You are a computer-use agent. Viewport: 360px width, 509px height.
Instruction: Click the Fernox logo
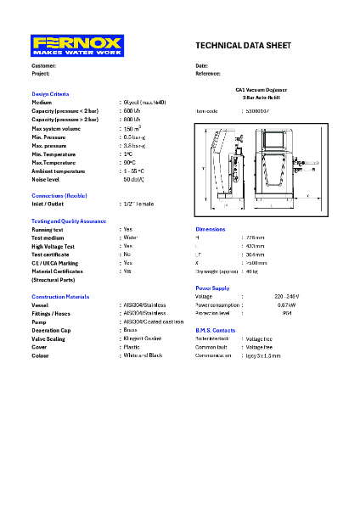tap(77, 46)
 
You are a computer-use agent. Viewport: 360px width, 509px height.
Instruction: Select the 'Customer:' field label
tap(44, 65)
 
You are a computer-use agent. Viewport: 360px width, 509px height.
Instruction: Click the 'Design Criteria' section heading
tap(51, 93)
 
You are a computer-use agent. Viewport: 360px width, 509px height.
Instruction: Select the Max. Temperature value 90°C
tap(128, 162)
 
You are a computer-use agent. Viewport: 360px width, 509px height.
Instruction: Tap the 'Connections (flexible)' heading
tap(59, 195)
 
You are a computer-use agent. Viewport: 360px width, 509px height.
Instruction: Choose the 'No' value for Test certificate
tap(127, 254)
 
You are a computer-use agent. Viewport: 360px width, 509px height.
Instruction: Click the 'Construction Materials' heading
tap(60, 297)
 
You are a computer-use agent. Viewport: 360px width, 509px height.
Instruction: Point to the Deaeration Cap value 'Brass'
tap(131, 330)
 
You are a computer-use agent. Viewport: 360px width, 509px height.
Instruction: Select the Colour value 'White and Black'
tap(143, 355)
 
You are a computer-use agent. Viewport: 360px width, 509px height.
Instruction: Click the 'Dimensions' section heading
tap(211, 229)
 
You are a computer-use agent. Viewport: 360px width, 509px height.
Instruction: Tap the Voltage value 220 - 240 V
tap(287, 296)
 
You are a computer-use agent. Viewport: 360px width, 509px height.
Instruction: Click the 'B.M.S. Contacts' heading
tap(215, 330)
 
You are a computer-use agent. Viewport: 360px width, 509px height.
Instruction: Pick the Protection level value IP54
tap(287, 313)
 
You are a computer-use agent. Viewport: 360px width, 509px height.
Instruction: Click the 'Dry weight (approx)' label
tap(216, 271)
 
